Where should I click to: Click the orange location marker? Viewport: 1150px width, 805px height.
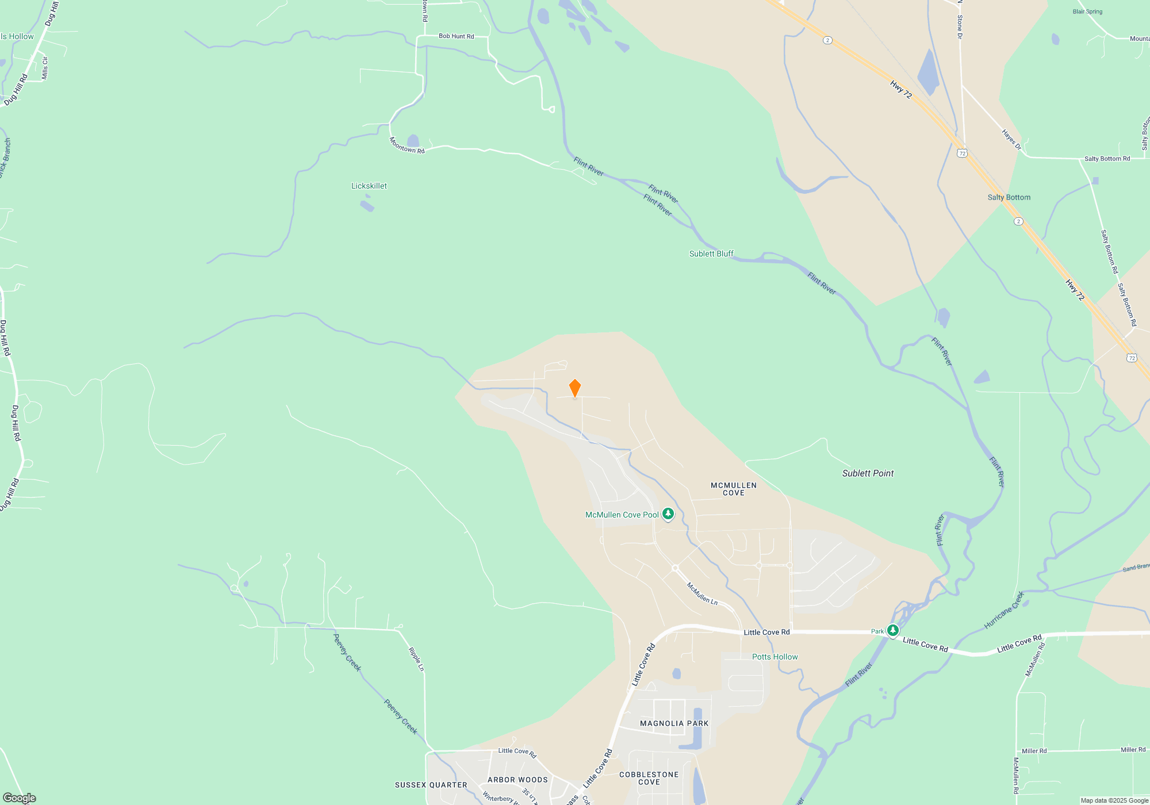[x=574, y=388]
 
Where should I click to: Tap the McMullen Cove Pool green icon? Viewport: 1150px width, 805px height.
[x=668, y=513]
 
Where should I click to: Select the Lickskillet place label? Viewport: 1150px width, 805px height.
[x=369, y=186]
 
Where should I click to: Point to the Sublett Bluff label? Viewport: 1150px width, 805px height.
[x=711, y=254]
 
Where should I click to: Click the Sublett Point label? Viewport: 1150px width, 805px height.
[x=868, y=473]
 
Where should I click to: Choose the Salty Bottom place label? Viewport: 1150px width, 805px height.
[x=1009, y=197]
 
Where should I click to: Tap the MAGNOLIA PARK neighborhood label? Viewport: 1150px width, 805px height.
[x=674, y=723]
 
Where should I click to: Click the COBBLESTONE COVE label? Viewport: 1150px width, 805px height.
[x=649, y=778]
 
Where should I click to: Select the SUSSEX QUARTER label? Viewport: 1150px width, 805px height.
[x=431, y=785]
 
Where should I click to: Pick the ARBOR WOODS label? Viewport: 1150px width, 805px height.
[x=517, y=780]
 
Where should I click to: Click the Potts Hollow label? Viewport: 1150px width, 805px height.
[x=775, y=657]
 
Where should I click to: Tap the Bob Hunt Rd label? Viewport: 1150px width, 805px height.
[x=456, y=36]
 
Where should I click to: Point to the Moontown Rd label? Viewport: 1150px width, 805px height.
[x=407, y=145]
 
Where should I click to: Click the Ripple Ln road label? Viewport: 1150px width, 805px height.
[x=416, y=660]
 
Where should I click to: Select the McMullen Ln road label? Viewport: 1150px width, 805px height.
[x=702, y=593]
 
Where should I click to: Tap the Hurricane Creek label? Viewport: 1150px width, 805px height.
[x=1004, y=610]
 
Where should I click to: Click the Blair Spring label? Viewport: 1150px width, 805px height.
[x=1087, y=11]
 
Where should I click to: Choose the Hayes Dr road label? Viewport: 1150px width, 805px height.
[x=1011, y=140]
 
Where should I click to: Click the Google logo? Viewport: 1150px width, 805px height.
[x=20, y=798]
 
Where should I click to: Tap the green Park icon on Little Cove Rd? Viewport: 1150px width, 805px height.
[x=892, y=630]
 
